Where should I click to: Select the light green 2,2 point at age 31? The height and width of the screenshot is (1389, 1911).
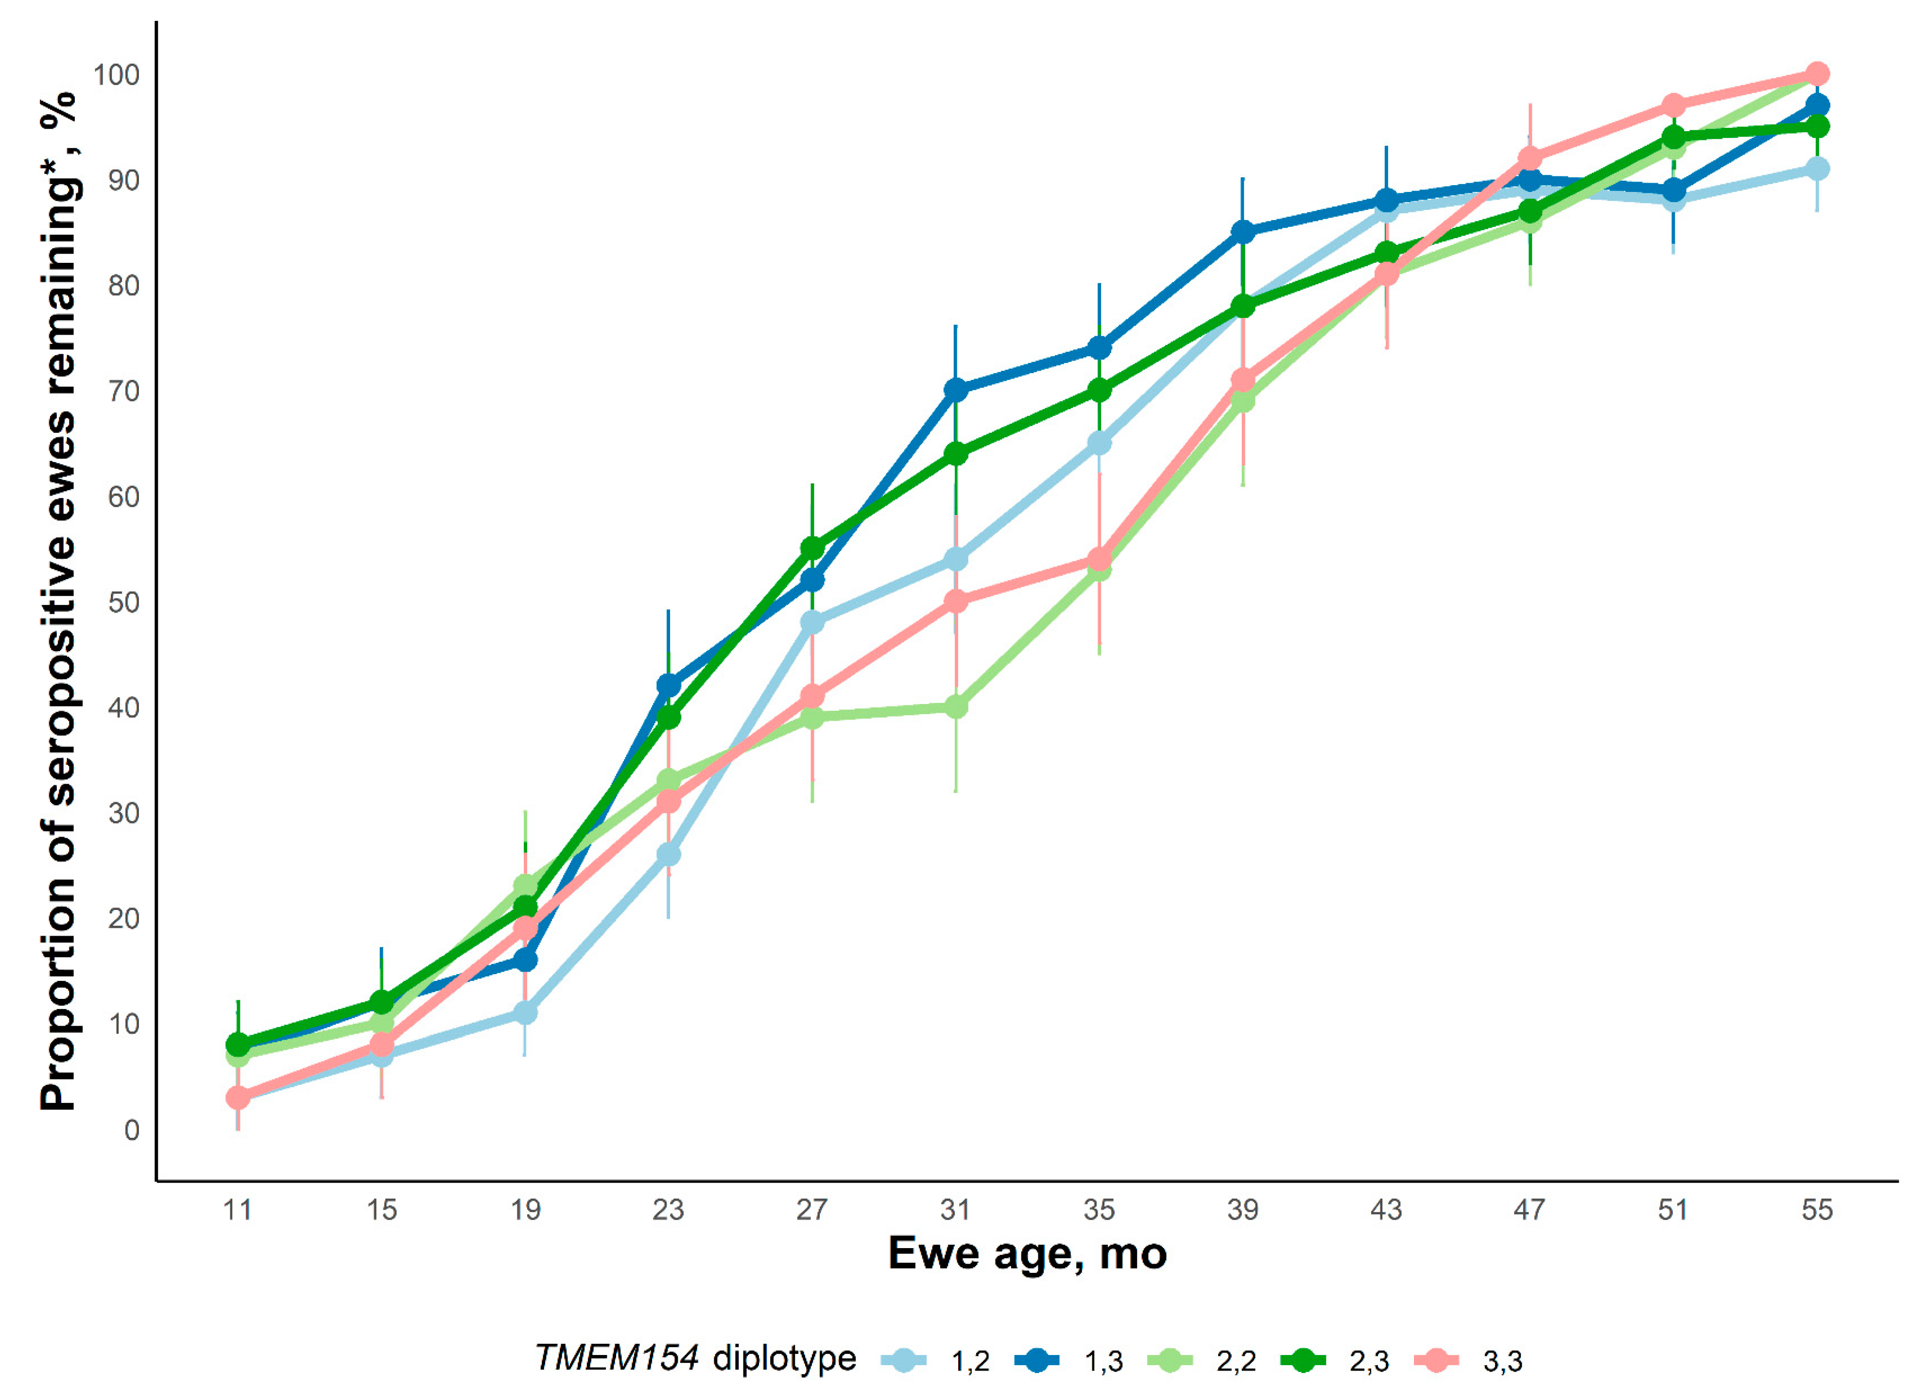(955, 707)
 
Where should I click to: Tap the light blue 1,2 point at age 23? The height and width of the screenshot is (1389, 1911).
(668, 854)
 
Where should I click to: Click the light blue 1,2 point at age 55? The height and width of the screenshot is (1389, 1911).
(1818, 169)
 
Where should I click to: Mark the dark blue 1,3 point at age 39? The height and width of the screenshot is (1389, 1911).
(1243, 232)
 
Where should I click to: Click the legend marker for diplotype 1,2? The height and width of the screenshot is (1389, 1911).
(903, 1360)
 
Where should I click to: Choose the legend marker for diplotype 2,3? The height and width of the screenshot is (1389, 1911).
(1303, 1360)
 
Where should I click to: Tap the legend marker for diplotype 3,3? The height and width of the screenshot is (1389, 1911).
(1436, 1360)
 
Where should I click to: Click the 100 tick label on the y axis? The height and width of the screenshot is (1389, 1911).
(116, 75)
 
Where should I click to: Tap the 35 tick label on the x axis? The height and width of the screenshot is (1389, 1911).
(1099, 1210)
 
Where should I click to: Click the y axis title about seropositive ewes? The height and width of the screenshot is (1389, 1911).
(59, 602)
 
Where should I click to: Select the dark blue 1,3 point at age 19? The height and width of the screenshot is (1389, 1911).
(525, 960)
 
